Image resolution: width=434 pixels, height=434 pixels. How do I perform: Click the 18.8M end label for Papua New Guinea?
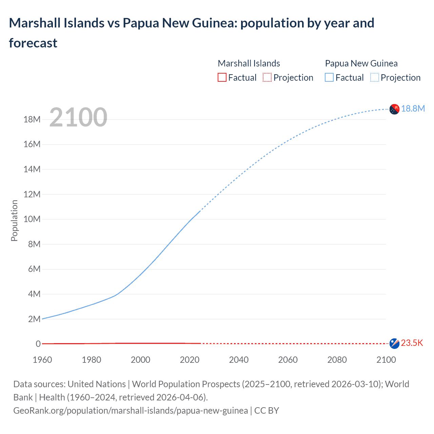pos(413,108)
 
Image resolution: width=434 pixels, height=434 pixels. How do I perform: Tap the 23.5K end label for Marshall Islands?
pos(412,343)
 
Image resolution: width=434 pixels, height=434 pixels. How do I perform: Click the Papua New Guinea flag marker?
pos(394,109)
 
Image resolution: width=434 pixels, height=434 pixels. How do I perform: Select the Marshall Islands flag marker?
pos(394,343)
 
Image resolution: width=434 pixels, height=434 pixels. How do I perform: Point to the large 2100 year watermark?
pos(78,117)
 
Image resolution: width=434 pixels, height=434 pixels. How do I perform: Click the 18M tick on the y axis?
pos(32,119)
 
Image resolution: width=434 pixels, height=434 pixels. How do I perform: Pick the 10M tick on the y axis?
pos(32,219)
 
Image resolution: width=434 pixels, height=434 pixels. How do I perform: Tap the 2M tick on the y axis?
pos(34,319)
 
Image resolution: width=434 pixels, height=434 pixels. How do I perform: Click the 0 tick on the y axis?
pos(38,344)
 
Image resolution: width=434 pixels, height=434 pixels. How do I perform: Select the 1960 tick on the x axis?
pos(42,360)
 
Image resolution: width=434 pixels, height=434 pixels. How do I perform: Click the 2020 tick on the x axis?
pos(190,360)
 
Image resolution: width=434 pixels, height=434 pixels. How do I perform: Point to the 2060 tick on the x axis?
pos(288,360)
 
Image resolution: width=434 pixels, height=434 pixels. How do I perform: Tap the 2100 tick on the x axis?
pos(386,360)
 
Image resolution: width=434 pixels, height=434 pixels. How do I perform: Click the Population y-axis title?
pos(14,220)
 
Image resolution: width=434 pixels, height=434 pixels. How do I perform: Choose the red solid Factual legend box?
pos(222,78)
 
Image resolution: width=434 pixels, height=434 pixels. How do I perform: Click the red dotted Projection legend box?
pos(267,78)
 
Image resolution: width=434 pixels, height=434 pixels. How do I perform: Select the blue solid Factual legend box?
pos(329,78)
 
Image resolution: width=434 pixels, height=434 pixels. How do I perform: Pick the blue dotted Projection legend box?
pos(374,78)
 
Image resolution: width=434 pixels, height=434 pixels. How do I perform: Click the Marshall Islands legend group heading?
pos(249,63)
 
